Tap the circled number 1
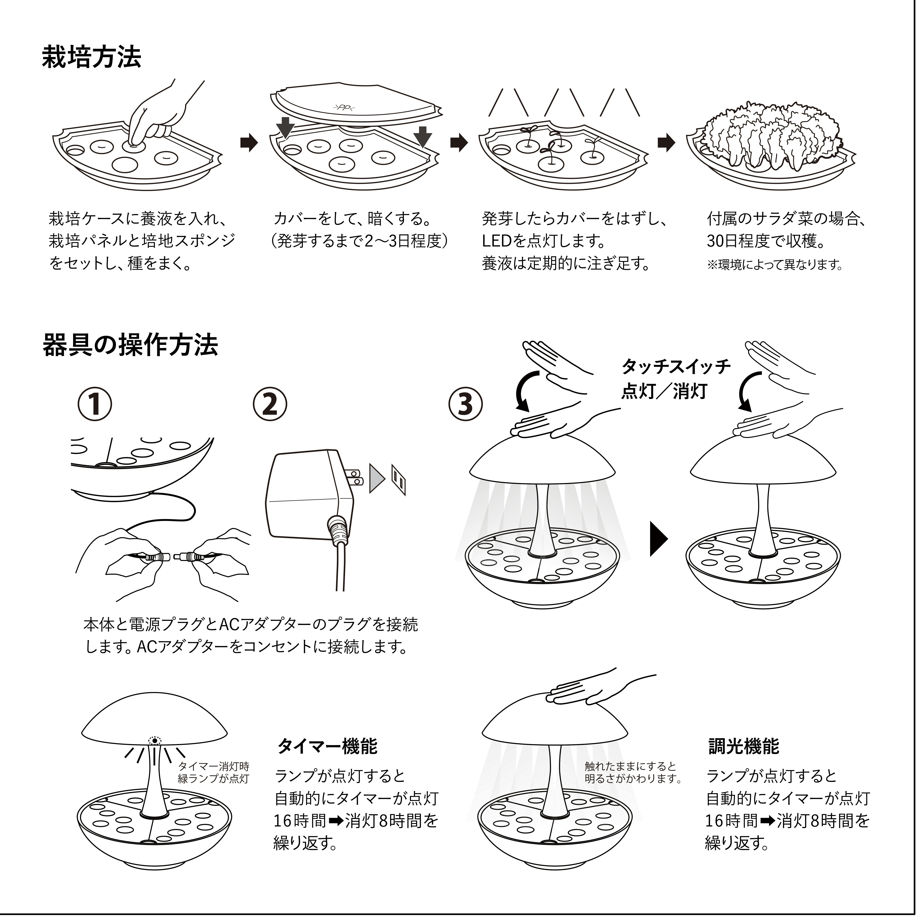tap(95, 404)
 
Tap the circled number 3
tap(466, 404)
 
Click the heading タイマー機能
tap(327, 746)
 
